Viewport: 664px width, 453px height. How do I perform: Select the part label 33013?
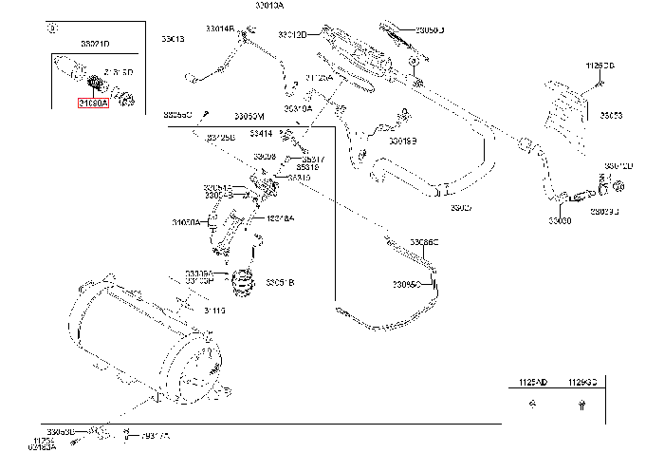173,39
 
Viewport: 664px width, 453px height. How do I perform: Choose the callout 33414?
262,134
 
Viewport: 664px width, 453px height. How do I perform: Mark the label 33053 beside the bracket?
612,116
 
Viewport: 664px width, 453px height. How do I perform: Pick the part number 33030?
560,220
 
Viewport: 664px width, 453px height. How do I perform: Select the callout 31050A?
186,223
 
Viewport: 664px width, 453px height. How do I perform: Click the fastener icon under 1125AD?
533,404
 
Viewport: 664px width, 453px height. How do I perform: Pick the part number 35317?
311,160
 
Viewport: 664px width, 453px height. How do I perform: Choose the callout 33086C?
424,243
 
